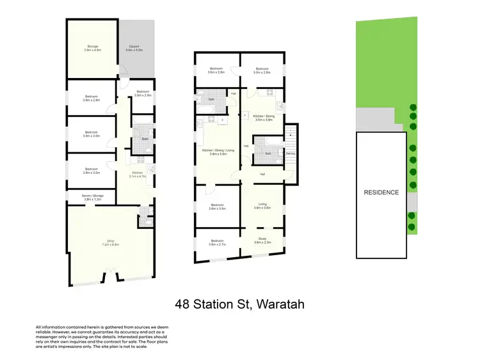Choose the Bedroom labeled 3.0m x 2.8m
[x=143, y=93]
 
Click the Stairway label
[x=291, y=153]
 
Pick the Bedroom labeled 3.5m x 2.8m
[x=261, y=70]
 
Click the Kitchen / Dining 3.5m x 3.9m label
[x=264, y=118]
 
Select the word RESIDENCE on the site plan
[x=381, y=192]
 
